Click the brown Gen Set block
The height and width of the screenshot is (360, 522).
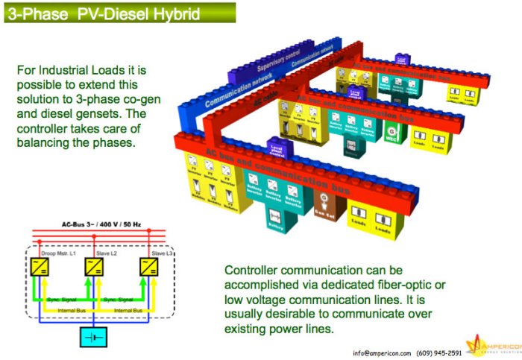tap(325, 203)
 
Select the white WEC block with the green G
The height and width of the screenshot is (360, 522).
tap(391, 133)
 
